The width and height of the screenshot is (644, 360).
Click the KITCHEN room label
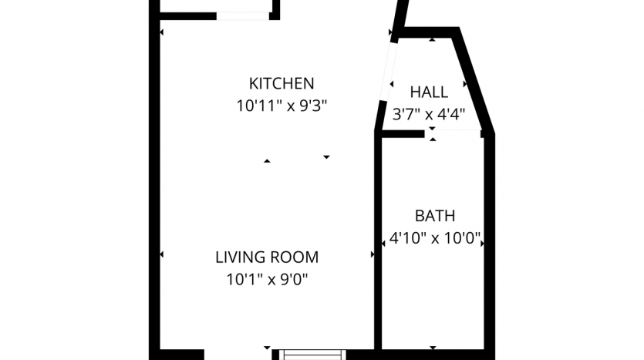point(282,83)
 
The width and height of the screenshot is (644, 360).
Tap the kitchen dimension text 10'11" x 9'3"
point(282,106)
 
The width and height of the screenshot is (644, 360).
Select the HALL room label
point(429,92)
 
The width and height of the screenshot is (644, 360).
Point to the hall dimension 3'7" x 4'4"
point(429,114)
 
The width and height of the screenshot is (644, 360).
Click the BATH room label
point(435,216)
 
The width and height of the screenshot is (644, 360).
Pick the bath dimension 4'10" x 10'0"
point(435,238)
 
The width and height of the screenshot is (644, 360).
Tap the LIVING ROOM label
point(267,257)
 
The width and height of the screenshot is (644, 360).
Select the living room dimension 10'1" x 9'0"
point(267,280)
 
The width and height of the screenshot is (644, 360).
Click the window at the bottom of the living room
point(312,355)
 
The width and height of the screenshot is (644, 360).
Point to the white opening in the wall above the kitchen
point(243,16)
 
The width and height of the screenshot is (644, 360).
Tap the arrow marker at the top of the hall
point(432,40)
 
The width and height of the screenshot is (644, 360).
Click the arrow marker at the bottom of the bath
point(433,348)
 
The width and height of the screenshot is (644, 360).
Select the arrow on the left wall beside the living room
point(161,254)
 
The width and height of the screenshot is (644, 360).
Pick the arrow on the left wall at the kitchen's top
point(161,32)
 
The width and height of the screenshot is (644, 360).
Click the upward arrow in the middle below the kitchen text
point(267,161)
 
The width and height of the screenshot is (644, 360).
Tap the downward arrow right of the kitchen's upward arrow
point(326,157)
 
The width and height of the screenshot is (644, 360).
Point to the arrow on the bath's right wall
point(482,244)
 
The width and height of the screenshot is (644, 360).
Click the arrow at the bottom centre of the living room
point(267,348)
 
